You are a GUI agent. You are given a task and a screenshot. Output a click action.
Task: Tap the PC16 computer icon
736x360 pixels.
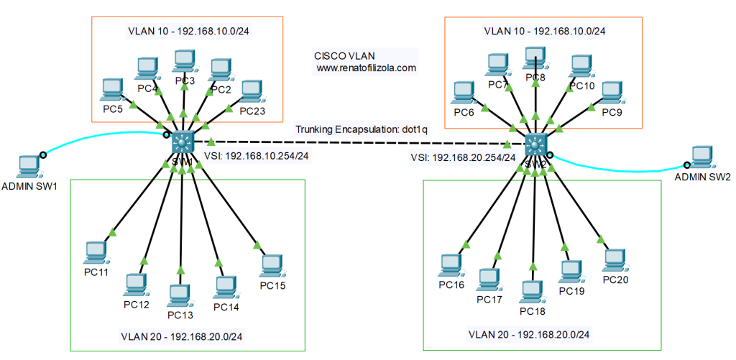(x=451, y=265)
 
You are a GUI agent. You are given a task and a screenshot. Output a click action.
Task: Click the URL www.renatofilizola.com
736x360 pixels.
(x=366, y=68)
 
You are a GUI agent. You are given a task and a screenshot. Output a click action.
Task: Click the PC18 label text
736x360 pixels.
(x=533, y=311)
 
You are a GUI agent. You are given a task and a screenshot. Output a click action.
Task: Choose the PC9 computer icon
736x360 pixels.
(x=610, y=92)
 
